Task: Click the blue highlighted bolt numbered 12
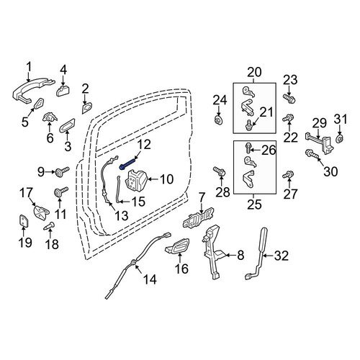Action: coord(126,164)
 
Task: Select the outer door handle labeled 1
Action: coord(32,90)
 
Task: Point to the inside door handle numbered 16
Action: coord(178,246)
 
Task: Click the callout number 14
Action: coord(150,279)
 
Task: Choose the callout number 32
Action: coord(282,256)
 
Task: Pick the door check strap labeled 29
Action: coord(318,143)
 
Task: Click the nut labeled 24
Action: coord(218,120)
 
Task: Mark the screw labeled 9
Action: coord(62,171)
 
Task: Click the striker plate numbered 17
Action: coord(41,212)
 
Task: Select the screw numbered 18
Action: coord(49,225)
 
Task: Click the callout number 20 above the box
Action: coord(254,72)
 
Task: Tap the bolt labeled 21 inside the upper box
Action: coord(248,125)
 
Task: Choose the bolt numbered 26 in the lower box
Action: coord(248,148)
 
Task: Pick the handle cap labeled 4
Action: coord(63,91)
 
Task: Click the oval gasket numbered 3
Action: coord(67,125)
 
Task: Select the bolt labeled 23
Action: coord(289,99)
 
